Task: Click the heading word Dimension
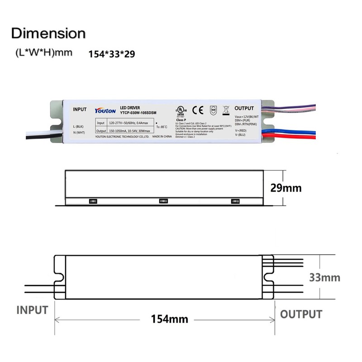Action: [48, 33]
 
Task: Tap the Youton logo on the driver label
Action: [105, 110]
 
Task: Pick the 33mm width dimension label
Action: [324, 277]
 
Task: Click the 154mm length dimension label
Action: [165, 319]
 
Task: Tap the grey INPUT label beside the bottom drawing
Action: [32, 310]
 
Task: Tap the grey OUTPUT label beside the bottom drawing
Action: [301, 314]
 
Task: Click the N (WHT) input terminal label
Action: [80, 132]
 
